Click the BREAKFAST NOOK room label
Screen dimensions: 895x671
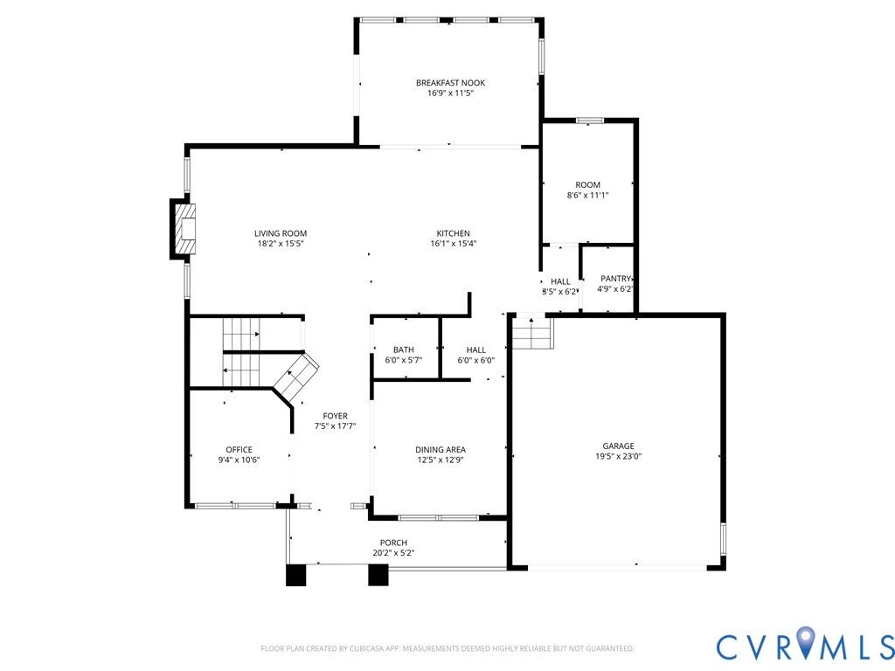450,83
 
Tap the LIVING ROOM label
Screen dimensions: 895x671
281,233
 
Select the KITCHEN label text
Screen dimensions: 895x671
454,233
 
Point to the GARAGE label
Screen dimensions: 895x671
618,446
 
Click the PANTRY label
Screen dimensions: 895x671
615,279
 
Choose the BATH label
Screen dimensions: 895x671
404,349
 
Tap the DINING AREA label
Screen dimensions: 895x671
441,450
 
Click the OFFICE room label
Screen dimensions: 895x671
239,450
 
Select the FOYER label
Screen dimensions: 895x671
335,416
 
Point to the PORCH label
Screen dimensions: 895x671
394,543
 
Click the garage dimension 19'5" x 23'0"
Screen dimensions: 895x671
618,456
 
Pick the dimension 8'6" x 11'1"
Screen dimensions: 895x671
587,195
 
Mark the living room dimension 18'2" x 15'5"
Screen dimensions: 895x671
281,244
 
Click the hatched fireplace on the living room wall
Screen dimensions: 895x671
184,229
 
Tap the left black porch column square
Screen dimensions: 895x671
295,575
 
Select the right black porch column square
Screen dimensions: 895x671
378,575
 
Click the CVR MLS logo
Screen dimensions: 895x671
805,643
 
